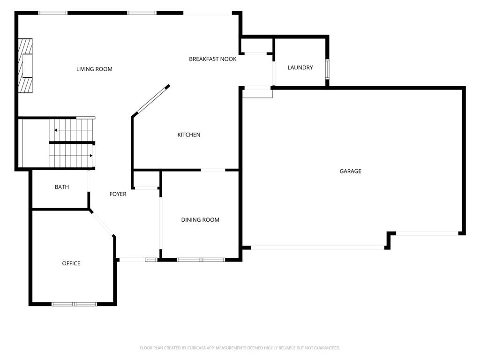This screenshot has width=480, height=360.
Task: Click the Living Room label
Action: tap(94, 69)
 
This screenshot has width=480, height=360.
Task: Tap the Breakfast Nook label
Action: tap(212, 59)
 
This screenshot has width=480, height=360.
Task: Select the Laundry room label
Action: tap(300, 67)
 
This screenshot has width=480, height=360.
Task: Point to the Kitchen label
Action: tap(188, 135)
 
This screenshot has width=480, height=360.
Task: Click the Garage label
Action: tap(350, 171)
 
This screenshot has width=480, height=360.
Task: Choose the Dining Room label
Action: tap(200, 220)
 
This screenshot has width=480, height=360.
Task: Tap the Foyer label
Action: tap(118, 194)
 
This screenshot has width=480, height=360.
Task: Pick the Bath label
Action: tap(61, 187)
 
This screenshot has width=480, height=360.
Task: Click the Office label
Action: tap(71, 263)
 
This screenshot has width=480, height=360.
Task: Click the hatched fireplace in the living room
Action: tap(25, 66)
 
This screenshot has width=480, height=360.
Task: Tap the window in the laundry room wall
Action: tap(327, 69)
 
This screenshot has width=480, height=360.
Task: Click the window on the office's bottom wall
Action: tap(74, 304)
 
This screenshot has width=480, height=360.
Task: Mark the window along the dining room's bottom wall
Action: tap(201, 260)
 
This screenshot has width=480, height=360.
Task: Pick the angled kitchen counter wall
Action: tap(150, 101)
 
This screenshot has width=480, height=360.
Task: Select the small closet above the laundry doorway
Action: tap(256, 45)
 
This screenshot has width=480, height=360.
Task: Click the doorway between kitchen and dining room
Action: tap(213, 170)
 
